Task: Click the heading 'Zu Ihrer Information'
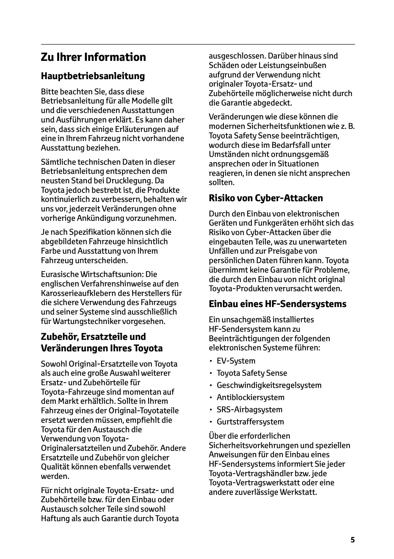pyautogui.click(x=93, y=57)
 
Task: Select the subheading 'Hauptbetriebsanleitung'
pyautogui.click(x=93, y=76)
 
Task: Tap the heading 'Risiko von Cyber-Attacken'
pyautogui.click(x=266, y=198)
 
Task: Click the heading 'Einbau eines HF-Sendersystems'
pyautogui.click(x=278, y=304)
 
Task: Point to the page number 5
pyautogui.click(x=353, y=540)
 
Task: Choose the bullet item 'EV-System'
pyautogui.click(x=236, y=361)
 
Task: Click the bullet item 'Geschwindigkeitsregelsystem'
pyautogui.click(x=269, y=385)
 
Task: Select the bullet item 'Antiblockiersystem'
pyautogui.click(x=251, y=397)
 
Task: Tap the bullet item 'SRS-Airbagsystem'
pyautogui.click(x=250, y=410)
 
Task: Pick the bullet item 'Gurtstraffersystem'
pyautogui.click(x=250, y=422)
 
